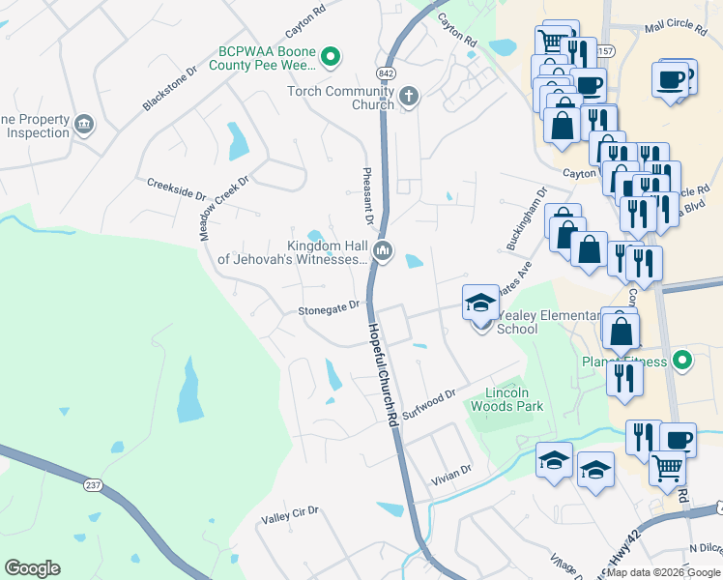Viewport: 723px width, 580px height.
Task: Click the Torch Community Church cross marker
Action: [x=409, y=95]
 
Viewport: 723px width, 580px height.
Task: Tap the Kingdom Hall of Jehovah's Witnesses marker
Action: [x=383, y=252]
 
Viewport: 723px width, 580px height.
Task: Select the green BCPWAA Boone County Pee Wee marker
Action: [x=331, y=57]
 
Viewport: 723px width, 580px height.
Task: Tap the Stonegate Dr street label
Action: [x=329, y=308]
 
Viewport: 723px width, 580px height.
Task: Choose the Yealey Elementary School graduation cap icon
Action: [x=480, y=303]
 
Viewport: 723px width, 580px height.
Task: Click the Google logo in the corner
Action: [x=32, y=568]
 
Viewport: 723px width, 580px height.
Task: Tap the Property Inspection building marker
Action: [x=84, y=123]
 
